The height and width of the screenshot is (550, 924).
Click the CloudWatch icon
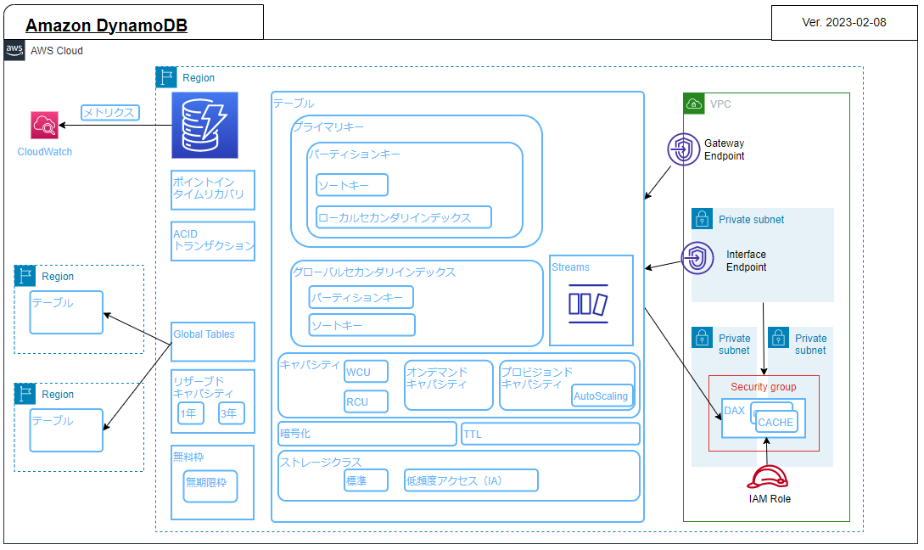point(44,126)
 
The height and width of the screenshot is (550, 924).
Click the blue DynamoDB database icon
point(204,126)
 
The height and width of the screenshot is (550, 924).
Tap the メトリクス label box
point(110,112)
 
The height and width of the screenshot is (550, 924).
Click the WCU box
point(367,372)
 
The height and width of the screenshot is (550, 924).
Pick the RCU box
point(367,401)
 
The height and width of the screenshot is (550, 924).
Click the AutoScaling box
point(602,396)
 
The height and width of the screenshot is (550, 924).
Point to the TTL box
point(550,434)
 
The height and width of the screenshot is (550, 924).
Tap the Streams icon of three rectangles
point(588,304)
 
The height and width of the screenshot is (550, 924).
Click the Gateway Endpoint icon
point(682,149)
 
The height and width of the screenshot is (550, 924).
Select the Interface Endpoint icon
point(697,259)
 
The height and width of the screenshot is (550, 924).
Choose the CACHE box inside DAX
point(776,422)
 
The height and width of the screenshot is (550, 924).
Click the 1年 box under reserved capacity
point(190,413)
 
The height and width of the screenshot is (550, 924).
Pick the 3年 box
point(231,413)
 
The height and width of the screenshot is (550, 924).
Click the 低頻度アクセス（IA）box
point(471,480)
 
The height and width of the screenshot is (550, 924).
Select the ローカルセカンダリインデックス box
point(404,217)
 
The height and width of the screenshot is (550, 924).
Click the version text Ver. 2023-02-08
point(843,22)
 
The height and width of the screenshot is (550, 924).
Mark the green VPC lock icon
point(694,104)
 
